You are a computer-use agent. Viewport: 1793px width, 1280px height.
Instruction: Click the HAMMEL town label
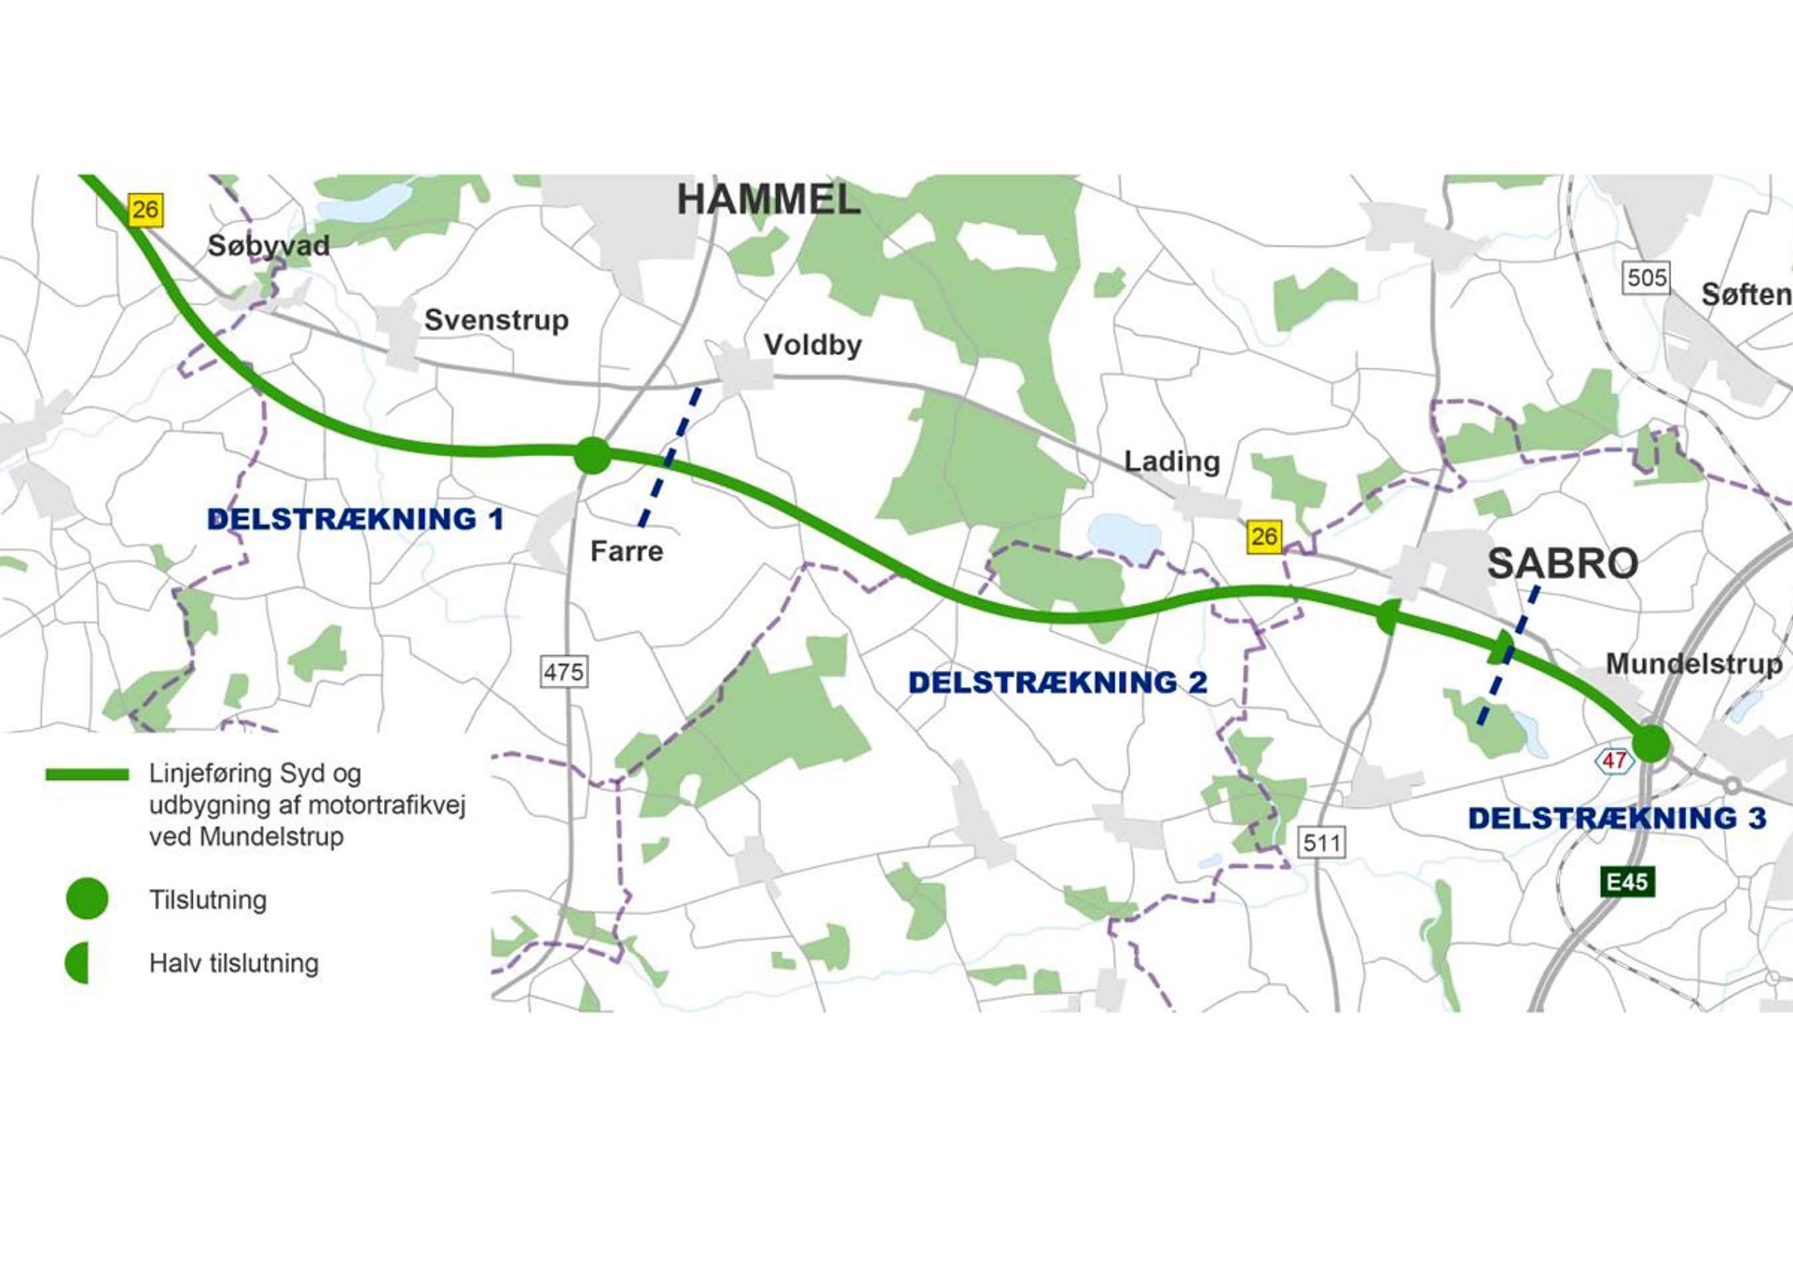click(x=767, y=200)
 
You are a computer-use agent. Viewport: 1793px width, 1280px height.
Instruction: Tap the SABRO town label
click(x=1563, y=564)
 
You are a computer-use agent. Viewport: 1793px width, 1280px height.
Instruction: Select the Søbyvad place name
click(x=268, y=246)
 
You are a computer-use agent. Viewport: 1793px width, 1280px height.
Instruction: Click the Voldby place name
click(x=813, y=345)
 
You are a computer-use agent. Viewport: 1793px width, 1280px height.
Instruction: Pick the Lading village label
click(x=1171, y=461)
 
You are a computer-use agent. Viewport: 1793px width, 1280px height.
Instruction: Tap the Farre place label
click(x=626, y=551)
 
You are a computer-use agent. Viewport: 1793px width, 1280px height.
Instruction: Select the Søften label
click(x=1746, y=295)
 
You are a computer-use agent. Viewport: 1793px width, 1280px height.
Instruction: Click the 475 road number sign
click(x=563, y=672)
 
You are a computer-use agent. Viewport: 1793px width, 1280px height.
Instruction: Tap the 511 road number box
click(x=1321, y=842)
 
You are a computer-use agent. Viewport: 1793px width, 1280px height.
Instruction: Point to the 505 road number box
click(x=1647, y=278)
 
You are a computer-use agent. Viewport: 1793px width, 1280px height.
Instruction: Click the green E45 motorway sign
click(x=1627, y=881)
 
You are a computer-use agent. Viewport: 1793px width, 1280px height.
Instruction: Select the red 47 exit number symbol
click(x=1614, y=761)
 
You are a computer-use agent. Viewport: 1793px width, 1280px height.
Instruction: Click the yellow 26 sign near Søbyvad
click(x=146, y=209)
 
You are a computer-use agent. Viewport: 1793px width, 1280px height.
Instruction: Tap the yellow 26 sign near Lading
click(x=1264, y=537)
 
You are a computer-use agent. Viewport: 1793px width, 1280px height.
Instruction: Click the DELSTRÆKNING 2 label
click(x=1057, y=683)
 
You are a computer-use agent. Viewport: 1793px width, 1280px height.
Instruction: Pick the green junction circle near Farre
click(x=593, y=455)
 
